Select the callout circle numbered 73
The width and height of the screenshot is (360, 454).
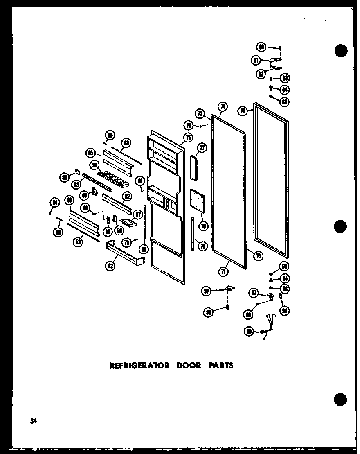[258, 255]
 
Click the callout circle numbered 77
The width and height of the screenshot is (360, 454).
[202, 148]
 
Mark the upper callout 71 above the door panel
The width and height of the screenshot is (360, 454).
[222, 107]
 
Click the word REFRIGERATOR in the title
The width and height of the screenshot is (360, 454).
[139, 365]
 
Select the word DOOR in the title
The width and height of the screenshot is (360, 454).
[189, 365]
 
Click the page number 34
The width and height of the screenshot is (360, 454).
[33, 420]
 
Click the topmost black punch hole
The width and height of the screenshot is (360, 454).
[340, 51]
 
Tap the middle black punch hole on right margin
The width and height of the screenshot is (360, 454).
[340, 226]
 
